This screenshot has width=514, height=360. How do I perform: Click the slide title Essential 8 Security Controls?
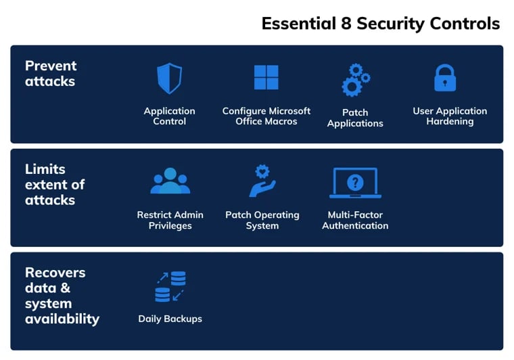click(x=380, y=24)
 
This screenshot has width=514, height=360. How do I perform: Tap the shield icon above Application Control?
click(x=169, y=78)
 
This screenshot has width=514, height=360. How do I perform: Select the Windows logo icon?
click(x=266, y=78)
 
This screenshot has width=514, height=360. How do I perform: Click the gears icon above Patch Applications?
click(x=355, y=80)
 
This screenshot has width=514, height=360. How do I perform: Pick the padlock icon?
click(x=444, y=78)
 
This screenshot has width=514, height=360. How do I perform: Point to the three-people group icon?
click(x=170, y=181)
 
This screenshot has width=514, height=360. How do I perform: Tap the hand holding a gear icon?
click(x=262, y=181)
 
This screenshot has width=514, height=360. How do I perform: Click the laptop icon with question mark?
click(x=355, y=183)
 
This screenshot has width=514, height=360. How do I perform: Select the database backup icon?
click(x=170, y=286)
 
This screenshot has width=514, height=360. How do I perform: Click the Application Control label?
click(x=169, y=116)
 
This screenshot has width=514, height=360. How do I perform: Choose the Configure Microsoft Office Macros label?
click(x=266, y=116)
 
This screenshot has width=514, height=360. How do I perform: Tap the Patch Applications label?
click(x=355, y=118)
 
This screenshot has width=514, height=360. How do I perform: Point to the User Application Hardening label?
click(x=450, y=116)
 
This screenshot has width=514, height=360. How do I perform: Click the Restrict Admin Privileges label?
click(x=170, y=220)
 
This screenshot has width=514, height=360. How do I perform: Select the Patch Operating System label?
click(x=262, y=220)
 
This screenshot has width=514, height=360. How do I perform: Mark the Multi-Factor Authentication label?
click(x=355, y=220)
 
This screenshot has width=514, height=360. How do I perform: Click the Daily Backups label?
click(x=170, y=319)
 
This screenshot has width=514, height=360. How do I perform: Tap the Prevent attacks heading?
click(x=51, y=73)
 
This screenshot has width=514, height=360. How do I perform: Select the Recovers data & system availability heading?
click(x=62, y=295)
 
